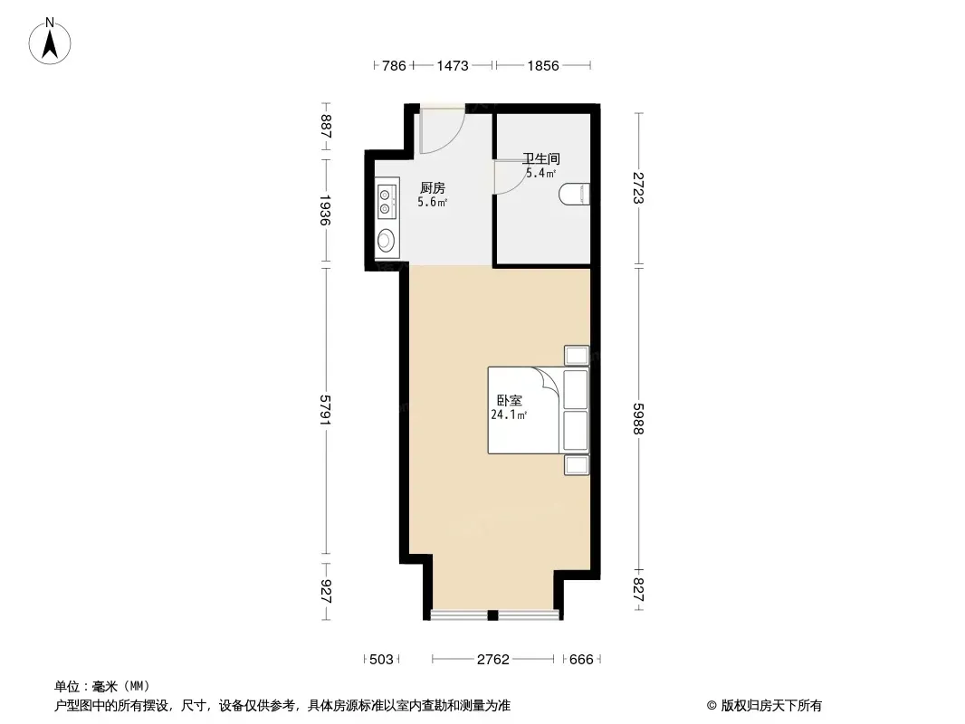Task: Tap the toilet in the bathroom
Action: (575, 194)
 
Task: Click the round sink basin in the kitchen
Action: (386, 240)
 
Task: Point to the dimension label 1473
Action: (453, 66)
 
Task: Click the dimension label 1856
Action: (543, 66)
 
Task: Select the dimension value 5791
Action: (326, 410)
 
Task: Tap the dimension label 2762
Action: (493, 660)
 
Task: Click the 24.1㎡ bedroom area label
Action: (509, 415)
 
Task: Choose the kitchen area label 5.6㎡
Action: (433, 203)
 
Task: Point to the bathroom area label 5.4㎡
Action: (541, 174)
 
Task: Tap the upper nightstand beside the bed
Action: (577, 356)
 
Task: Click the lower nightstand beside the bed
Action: (577, 465)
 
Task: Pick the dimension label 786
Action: (394, 66)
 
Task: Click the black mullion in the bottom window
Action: (492, 614)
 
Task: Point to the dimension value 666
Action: (581, 660)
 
